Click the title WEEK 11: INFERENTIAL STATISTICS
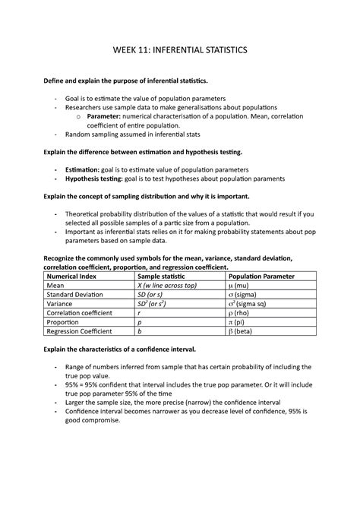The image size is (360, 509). click(180, 49)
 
